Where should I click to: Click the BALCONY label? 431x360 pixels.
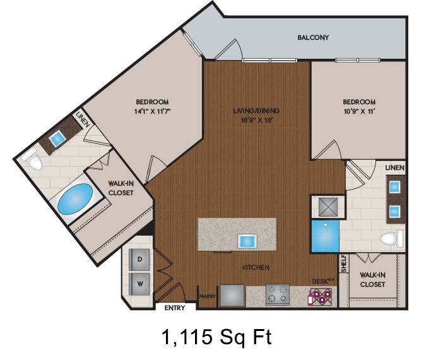[313, 37]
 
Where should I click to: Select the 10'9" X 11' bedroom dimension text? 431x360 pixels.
[359, 111]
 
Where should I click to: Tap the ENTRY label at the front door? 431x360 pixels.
[174, 308]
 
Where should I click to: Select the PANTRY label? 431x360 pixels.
[207, 296]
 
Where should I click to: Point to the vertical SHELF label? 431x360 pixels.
[344, 264]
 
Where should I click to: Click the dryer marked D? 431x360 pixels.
[140, 259]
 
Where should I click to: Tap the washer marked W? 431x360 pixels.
[140, 284]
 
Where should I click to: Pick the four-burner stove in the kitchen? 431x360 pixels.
[277, 295]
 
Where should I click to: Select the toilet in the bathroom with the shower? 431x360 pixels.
[391, 239]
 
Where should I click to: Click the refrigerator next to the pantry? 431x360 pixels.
[231, 295]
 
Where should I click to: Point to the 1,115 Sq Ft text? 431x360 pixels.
[216, 337]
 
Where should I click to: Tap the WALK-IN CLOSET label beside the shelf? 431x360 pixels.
[373, 279]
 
